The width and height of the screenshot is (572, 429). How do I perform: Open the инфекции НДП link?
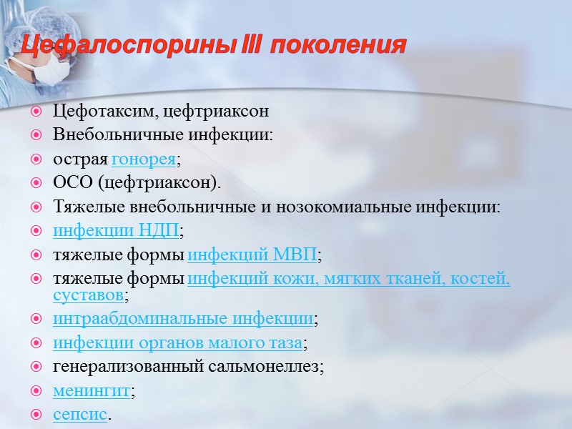[x=116, y=230]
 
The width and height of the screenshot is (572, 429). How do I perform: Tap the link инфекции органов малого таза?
[x=177, y=342]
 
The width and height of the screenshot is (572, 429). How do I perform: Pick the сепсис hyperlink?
[x=80, y=414]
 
